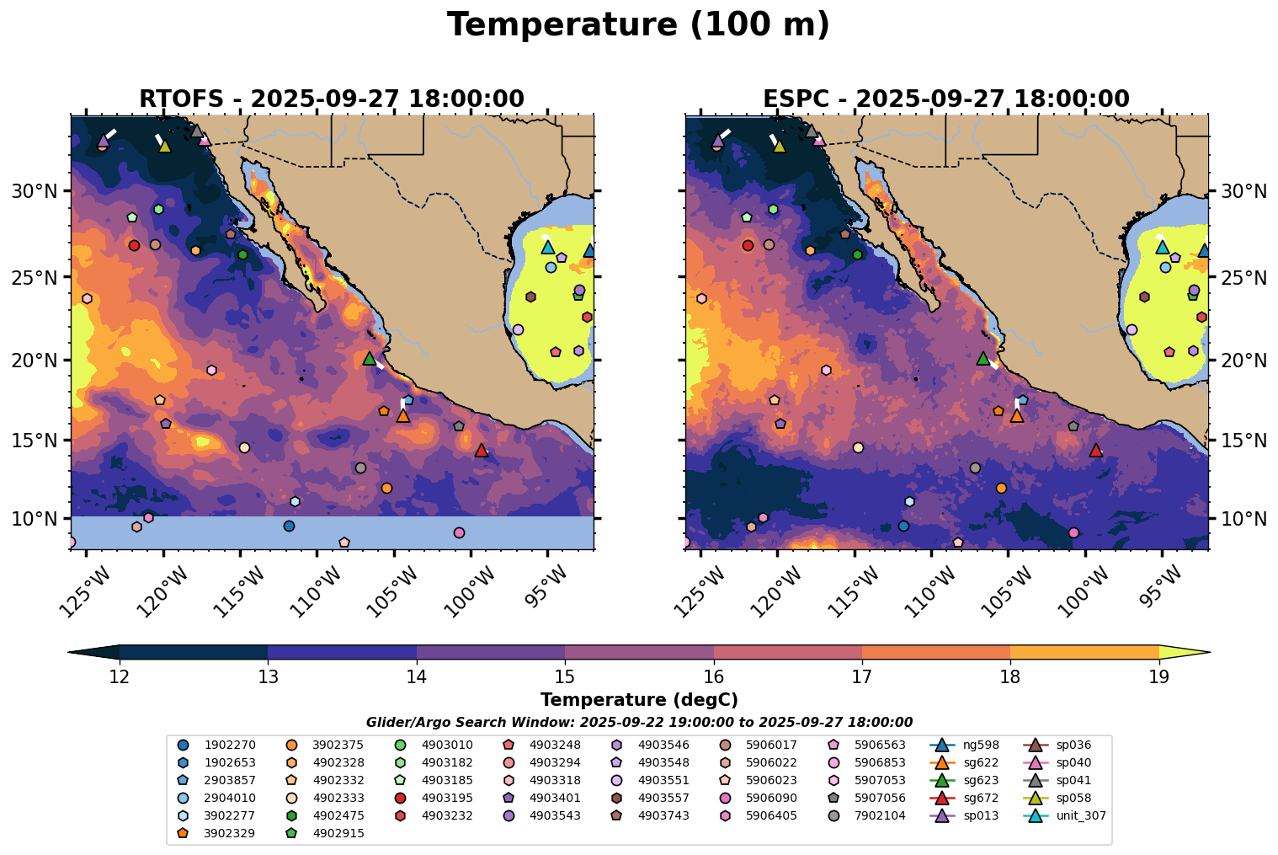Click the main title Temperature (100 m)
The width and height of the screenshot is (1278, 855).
(638, 25)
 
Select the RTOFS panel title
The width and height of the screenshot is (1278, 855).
(331, 99)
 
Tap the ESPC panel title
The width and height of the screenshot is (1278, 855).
(945, 99)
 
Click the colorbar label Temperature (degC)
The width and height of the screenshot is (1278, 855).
(638, 700)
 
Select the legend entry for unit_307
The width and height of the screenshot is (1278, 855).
(1068, 815)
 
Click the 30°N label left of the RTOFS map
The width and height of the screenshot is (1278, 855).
(33, 191)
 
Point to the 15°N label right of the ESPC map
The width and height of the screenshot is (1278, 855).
(1243, 441)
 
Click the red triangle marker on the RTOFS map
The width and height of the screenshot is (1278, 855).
(482, 450)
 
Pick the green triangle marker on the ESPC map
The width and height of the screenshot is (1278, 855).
(982, 358)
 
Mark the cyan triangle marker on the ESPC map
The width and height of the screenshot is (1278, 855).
(1162, 247)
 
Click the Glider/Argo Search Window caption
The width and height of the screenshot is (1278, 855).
(638, 722)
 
